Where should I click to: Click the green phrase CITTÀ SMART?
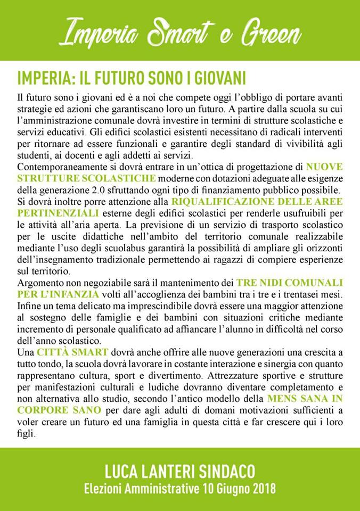pos(73,352)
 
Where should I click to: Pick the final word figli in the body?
pos(26,433)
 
